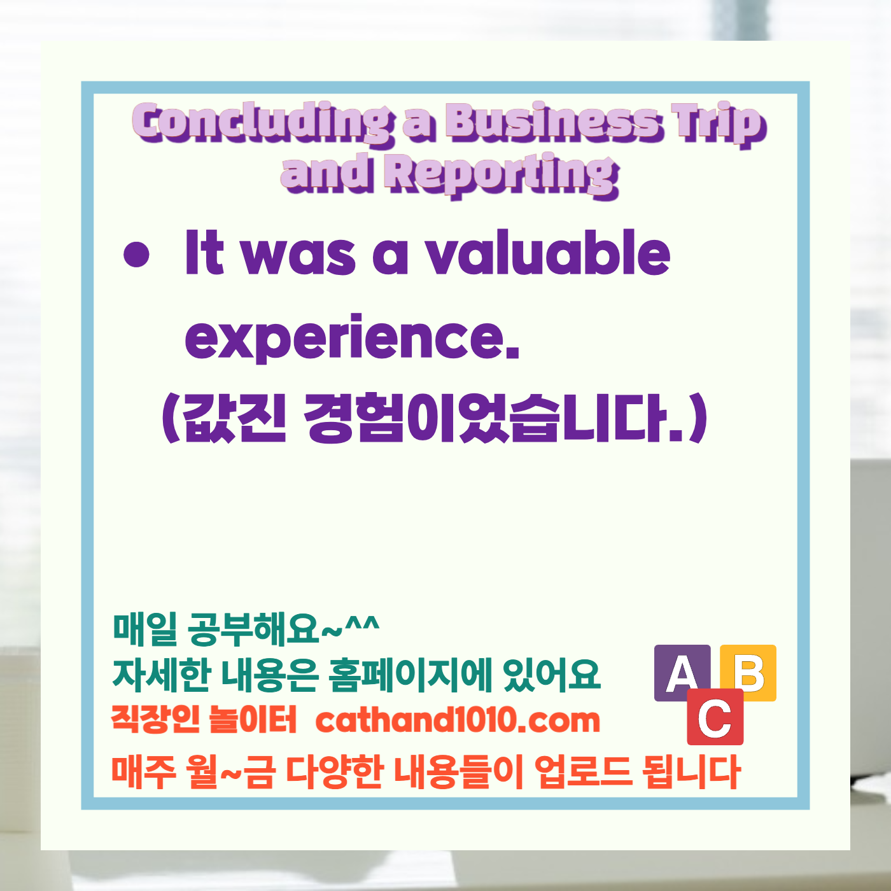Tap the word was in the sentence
coord(299,255)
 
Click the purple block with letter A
coord(682,673)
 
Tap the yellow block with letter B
coord(751,671)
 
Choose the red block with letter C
coord(715,717)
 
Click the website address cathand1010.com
coord(458,720)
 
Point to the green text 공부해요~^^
coord(283,628)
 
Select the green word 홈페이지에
coord(410,675)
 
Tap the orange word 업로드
coord(583,771)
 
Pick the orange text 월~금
coord(232,771)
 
